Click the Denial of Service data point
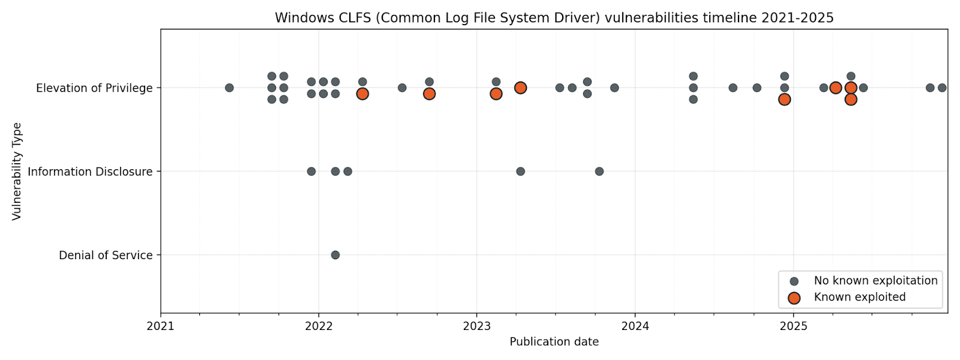pos(335,255)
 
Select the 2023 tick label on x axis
pos(477,326)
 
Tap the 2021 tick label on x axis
pos(160,326)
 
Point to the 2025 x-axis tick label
pos(793,326)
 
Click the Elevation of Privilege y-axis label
pos(94,88)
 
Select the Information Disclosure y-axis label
pos(90,172)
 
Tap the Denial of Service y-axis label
pos(106,255)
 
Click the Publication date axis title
pos(554,342)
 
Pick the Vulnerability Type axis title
pos(17,172)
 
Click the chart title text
pos(554,18)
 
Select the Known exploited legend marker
pos(794,298)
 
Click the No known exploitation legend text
pos(875,281)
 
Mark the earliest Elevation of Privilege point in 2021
pos(229,88)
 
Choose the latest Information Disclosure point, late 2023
pos(599,172)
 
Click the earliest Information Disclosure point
pos(311,172)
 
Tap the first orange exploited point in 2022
pos(362,94)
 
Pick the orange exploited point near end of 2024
pos(784,100)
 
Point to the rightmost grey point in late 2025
pos(942,88)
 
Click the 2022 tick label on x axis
pos(319,326)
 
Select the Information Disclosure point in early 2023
pos(520,172)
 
